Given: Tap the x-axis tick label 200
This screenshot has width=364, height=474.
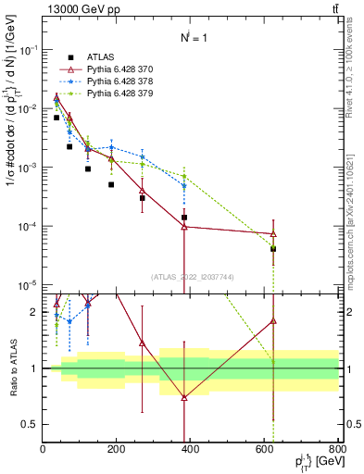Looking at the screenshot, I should coord(117,451).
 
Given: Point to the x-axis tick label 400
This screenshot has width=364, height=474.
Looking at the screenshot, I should coord(191,451).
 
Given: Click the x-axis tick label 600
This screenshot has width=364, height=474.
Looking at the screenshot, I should coord(265,451).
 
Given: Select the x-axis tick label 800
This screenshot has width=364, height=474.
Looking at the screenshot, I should coord(337,451).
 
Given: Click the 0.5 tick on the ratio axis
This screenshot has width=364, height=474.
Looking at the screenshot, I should coord(31,424).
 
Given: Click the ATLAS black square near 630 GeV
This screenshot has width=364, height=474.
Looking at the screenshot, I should coord(273,249).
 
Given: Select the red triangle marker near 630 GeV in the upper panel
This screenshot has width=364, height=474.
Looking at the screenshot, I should coord(273,234).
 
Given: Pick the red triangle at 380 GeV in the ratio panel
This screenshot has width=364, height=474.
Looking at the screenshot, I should coord(184,397).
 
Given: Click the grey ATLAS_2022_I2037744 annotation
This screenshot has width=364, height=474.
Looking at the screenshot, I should coord(191,276).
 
